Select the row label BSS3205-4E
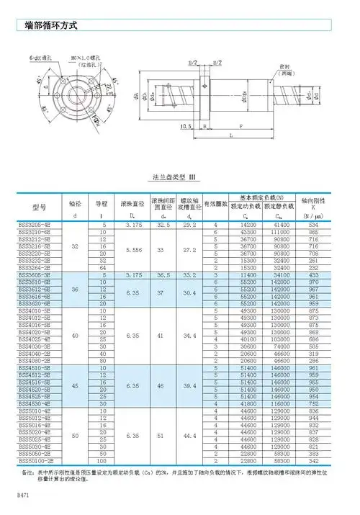[x=40, y=225]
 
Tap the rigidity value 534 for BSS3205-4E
[x=313, y=225]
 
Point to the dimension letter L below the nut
[x=230, y=135]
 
